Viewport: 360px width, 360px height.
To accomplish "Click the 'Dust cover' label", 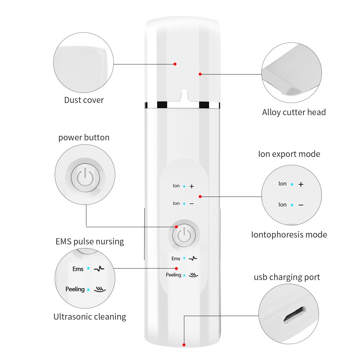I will click(84, 100).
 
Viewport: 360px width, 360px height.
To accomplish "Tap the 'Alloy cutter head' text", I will click(294, 112).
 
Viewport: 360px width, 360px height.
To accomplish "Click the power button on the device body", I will click(184, 236).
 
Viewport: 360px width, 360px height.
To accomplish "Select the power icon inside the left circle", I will click(85, 176).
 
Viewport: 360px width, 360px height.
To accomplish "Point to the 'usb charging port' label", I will click(287, 277).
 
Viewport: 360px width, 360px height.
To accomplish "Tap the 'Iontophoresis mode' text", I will click(289, 235).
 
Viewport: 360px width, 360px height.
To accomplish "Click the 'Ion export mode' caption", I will click(289, 154).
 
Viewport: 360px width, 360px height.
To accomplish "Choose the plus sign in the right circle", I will click(301, 184).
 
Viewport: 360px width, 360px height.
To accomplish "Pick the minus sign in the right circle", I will click(301, 205).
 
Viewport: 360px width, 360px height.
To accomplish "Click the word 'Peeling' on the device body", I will click(174, 275).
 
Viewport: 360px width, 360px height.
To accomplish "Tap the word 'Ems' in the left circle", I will click(78, 269).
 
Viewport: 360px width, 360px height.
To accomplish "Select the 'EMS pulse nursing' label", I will click(90, 241).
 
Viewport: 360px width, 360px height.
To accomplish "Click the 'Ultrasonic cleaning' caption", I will click(90, 317).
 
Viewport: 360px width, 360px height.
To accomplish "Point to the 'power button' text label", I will click(84, 138).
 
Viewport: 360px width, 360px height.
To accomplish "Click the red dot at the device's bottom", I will click(184, 345).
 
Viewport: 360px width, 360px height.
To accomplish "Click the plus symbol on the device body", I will click(192, 186).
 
